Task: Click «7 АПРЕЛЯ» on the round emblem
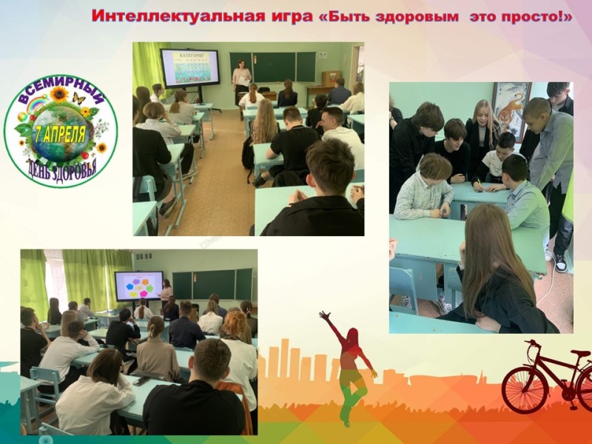[59, 135]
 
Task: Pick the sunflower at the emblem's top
[59, 95]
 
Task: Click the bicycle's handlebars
[531, 343]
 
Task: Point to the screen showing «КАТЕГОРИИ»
[190, 67]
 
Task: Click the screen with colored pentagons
[139, 286]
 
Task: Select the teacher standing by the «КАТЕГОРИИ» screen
[241, 85]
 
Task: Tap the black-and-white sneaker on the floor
[560, 263]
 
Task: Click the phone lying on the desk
[141, 381]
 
